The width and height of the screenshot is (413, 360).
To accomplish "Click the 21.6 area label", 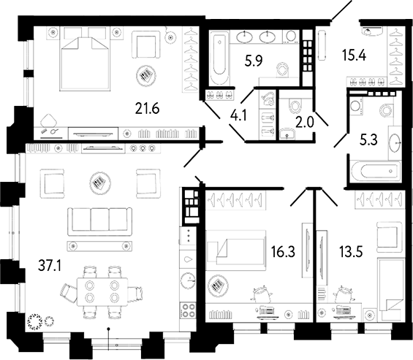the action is tap(147, 108).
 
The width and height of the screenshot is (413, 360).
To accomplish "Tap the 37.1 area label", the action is tap(50, 266).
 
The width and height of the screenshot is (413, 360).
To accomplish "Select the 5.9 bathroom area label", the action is tap(254, 62).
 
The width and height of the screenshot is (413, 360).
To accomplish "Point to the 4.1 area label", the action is tap(238, 115).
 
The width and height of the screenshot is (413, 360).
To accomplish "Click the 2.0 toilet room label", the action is tap(305, 122).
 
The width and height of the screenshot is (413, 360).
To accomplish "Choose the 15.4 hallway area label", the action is tap(354, 55).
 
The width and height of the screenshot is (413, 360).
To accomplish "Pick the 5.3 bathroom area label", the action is tap(368, 139).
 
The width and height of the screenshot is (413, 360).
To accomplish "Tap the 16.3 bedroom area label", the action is tap(283, 252).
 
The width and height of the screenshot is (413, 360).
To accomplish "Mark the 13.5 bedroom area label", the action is tap(351, 252).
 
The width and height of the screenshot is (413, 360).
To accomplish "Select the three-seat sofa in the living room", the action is tap(99, 222).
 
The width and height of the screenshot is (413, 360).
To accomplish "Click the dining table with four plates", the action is tap(102, 292).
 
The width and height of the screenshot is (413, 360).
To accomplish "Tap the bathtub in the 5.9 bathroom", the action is tap(220, 58).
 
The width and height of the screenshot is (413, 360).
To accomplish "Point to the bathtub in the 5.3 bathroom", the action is tap(376, 171).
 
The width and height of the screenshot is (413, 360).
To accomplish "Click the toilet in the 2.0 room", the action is tap(295, 106).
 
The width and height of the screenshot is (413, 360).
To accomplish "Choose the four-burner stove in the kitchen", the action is tap(188, 310).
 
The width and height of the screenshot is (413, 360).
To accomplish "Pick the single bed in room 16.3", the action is tap(235, 250).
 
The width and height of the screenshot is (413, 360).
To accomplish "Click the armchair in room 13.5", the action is tap(389, 235).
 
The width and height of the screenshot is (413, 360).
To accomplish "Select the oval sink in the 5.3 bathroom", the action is tap(395, 143).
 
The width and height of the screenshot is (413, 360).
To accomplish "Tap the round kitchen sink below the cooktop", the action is tap(188, 280).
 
